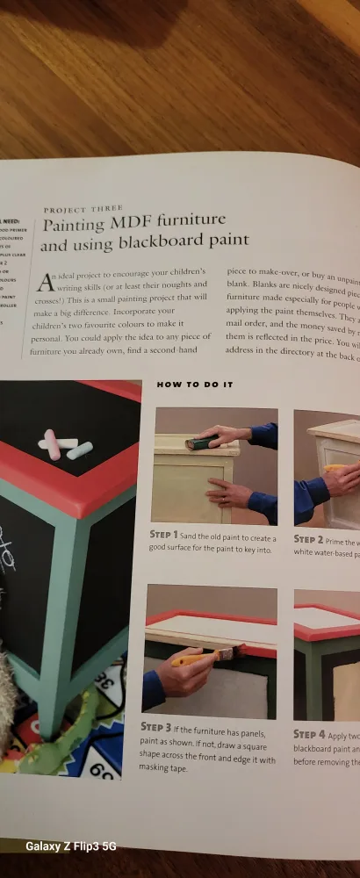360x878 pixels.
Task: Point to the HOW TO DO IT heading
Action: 194,384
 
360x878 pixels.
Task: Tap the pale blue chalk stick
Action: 79,450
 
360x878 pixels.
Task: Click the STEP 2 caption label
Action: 308,539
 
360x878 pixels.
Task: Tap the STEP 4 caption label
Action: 309,734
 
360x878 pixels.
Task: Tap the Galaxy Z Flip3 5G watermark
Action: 69,846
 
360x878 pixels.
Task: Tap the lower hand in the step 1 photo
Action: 226,493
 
